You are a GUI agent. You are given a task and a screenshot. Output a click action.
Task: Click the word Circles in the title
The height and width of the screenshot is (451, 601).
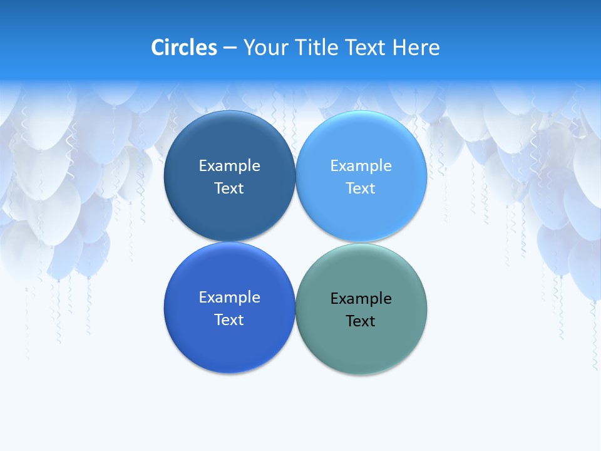[x=184, y=47]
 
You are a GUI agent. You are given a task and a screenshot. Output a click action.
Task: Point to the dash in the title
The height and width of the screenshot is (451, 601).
[x=230, y=48]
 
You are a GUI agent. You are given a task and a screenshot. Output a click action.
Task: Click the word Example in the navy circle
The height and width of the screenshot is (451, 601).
[x=229, y=165]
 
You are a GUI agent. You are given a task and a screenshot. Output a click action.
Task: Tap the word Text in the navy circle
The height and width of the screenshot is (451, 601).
[x=229, y=188]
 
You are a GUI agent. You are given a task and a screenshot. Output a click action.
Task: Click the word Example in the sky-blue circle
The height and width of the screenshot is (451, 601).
[x=361, y=165]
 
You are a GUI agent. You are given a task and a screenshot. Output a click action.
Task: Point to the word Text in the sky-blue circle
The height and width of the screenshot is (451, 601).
[x=361, y=188]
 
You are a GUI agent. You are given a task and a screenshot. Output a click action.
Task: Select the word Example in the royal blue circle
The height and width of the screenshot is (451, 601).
[x=229, y=297]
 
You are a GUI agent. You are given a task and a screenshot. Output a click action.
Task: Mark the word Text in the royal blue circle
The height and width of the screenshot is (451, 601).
[x=229, y=319]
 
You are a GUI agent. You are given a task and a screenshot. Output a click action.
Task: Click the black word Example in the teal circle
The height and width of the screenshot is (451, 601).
[x=361, y=298]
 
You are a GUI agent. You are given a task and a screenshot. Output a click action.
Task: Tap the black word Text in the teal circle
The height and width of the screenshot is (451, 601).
[x=361, y=321]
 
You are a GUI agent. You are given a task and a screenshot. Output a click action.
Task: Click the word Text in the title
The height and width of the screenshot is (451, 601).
[x=366, y=47]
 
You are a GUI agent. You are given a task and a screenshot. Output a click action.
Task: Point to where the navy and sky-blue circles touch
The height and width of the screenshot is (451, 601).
[x=295, y=176]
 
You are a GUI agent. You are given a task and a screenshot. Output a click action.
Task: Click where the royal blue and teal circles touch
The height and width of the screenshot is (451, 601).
[x=295, y=308]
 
